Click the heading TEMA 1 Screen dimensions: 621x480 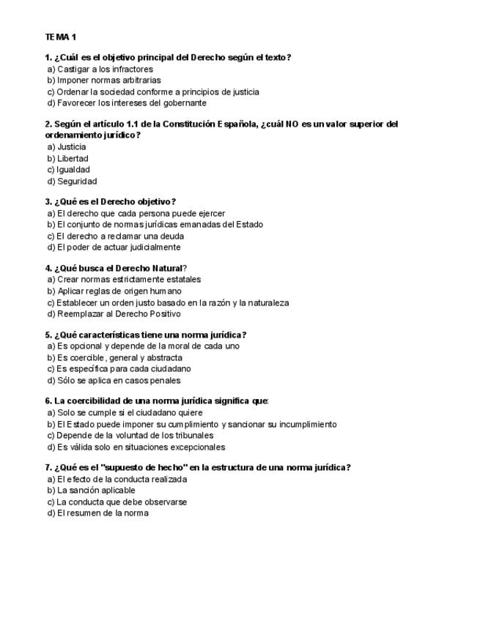(x=60, y=36)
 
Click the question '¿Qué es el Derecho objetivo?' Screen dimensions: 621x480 (x=110, y=201)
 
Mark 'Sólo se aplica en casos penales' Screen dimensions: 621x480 (x=114, y=381)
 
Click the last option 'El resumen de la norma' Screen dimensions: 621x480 (x=98, y=513)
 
